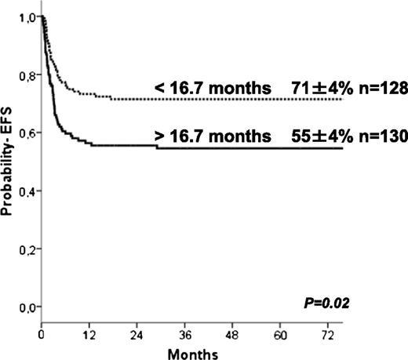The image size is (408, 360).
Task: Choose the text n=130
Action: pyautogui.click(x=377, y=136)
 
